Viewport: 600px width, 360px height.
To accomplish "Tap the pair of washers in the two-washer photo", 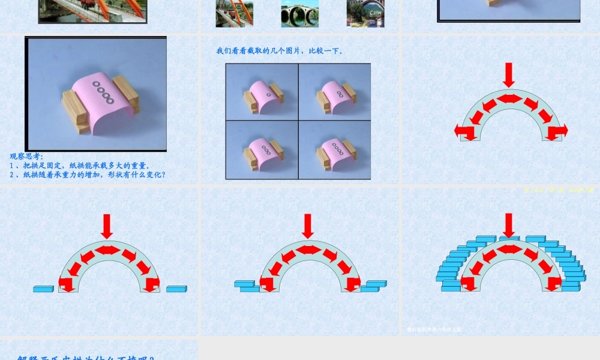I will click(340, 94).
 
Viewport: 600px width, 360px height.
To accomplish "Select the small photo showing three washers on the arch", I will click(262, 150).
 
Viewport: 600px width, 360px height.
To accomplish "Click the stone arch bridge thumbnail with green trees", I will click(300, 14).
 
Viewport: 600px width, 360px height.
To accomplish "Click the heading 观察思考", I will click(26, 157).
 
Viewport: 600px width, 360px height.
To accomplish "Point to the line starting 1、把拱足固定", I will click(80, 166).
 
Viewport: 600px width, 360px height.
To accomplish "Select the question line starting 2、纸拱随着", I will click(88, 175).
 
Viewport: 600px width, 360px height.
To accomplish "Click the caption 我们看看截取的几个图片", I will click(280, 51).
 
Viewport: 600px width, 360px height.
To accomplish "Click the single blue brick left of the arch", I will click(43, 289).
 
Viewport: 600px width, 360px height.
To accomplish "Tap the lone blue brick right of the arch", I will click(176, 289).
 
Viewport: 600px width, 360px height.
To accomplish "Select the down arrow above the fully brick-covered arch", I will click(509, 225).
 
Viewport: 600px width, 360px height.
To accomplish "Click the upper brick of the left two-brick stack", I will click(244, 283).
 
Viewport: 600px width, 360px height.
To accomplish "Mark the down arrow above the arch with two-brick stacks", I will click(308, 226).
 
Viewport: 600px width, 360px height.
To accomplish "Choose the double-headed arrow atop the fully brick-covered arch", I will click(509, 249).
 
